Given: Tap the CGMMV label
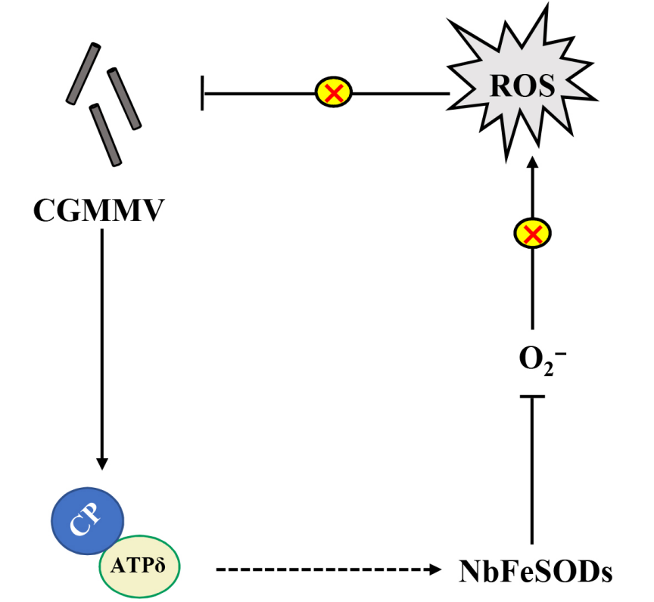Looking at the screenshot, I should coord(98,209).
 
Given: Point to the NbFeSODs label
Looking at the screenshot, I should coord(535,569).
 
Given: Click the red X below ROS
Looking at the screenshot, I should coord(532,234).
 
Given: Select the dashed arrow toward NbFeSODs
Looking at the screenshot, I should coord(325,568).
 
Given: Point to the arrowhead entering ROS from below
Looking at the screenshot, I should coord(532,165).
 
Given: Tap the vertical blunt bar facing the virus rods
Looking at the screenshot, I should coord(203,93).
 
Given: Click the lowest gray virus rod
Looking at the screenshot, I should coord(105,134).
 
